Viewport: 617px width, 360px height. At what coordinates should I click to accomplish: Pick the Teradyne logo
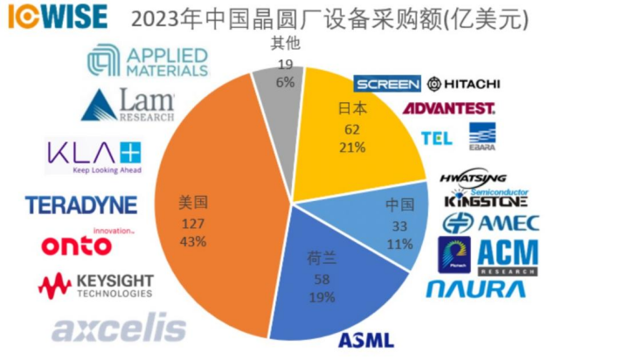pyautogui.click(x=80, y=205)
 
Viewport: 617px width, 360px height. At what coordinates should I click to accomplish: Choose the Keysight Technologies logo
pyautogui.click(x=96, y=285)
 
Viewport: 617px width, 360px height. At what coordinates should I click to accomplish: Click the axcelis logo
pyautogui.click(x=119, y=329)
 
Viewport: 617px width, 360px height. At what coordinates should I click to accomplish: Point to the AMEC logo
pyautogui.click(x=490, y=222)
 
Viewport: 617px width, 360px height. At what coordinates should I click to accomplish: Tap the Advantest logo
pyautogui.click(x=447, y=108)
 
